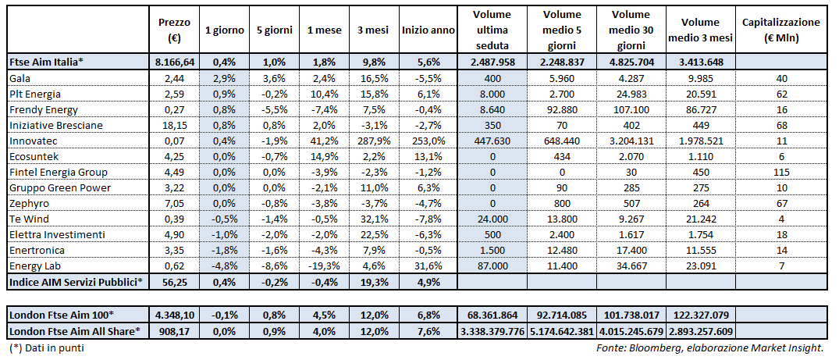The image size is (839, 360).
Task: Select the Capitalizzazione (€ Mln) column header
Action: (x=781, y=30)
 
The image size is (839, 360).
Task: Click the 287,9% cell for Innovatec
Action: (x=374, y=141)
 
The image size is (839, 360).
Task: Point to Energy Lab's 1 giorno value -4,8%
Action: (x=225, y=266)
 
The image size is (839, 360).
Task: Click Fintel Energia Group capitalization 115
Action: (x=781, y=173)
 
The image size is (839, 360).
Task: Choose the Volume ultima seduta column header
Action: (x=491, y=30)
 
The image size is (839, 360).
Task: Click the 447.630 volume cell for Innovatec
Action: (x=491, y=141)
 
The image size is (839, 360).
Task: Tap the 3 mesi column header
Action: (x=374, y=30)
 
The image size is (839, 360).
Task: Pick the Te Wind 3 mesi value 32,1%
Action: (x=374, y=219)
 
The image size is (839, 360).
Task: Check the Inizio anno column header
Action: (x=428, y=30)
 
